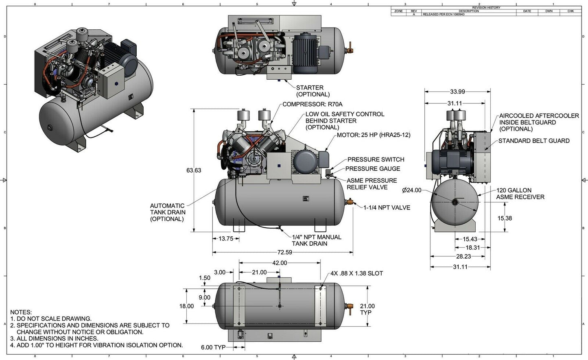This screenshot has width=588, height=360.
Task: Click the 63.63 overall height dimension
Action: pos(194,170)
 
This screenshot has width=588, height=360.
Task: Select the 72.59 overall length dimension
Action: pos(284,252)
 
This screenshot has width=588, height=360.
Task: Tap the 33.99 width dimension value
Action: pos(457,92)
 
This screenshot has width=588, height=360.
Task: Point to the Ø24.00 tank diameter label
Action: pos(411,190)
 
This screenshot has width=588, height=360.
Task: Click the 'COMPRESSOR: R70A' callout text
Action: pos(312,104)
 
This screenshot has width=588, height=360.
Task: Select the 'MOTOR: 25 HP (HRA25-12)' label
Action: pos(373,135)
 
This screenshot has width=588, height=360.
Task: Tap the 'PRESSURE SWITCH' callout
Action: pos(376,159)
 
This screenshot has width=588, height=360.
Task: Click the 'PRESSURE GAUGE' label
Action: pos(372,169)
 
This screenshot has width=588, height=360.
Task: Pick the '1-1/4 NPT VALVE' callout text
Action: pos(387,207)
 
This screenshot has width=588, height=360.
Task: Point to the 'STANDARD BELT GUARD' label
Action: pos(533,141)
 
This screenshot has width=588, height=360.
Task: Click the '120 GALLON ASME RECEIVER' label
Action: pos(520,194)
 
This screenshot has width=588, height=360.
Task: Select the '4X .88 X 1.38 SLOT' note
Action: pos(356,273)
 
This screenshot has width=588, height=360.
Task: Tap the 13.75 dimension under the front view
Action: pos(226,239)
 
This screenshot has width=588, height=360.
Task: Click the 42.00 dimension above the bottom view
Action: pos(279,263)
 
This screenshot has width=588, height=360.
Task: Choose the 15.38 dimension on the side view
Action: pos(505,218)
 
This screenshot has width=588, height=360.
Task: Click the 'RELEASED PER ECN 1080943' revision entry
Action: pos(444,14)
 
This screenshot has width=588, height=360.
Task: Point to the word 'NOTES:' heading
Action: pos(21,312)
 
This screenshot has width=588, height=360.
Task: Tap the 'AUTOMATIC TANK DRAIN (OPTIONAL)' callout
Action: pos(167,212)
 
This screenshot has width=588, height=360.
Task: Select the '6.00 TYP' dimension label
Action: pos(212,347)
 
